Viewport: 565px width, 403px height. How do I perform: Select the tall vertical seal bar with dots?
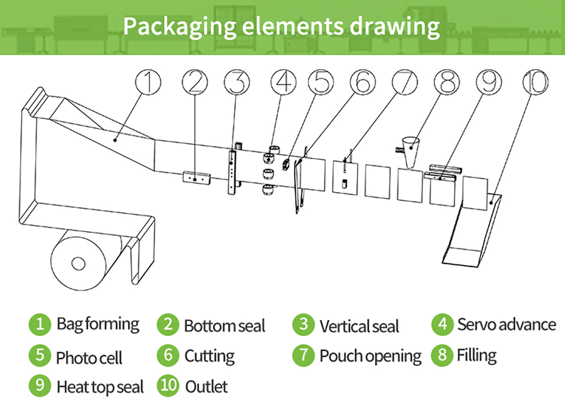click(x=231, y=171)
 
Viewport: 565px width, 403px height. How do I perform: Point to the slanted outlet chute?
click(x=471, y=231)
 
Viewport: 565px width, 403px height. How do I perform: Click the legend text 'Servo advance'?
click(x=507, y=325)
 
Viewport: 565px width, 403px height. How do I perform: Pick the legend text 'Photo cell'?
click(x=89, y=357)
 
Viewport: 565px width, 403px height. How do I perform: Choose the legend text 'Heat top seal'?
click(x=100, y=387)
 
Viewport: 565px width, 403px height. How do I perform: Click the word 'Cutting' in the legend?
click(x=210, y=356)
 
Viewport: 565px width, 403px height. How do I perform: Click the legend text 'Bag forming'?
click(x=98, y=324)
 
